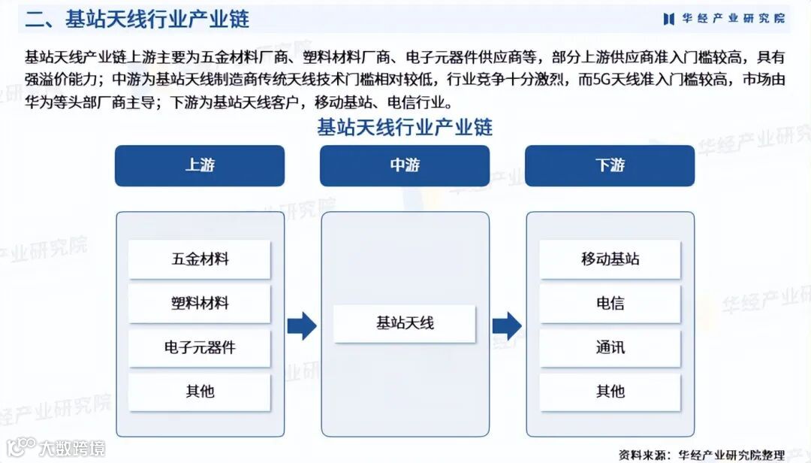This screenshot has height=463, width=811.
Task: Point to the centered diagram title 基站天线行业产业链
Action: [x=405, y=126]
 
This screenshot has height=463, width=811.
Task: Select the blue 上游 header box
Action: [x=200, y=165]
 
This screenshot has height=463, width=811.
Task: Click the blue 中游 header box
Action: [x=405, y=165]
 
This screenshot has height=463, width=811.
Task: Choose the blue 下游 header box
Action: [x=610, y=165]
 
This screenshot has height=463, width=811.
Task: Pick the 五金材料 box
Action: [x=200, y=259]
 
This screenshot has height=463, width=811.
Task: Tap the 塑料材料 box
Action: [x=200, y=304]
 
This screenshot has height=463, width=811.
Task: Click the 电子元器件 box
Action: [x=200, y=347]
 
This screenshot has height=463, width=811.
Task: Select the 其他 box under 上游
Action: [x=200, y=391]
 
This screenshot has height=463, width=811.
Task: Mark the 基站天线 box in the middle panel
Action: [x=405, y=324]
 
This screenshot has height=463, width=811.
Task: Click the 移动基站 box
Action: [x=610, y=259]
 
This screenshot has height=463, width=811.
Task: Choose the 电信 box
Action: [x=610, y=304]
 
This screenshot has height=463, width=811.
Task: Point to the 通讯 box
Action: [x=610, y=347]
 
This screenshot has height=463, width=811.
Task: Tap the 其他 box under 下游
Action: [x=610, y=391]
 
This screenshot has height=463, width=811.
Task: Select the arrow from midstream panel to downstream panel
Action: [x=507, y=325]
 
